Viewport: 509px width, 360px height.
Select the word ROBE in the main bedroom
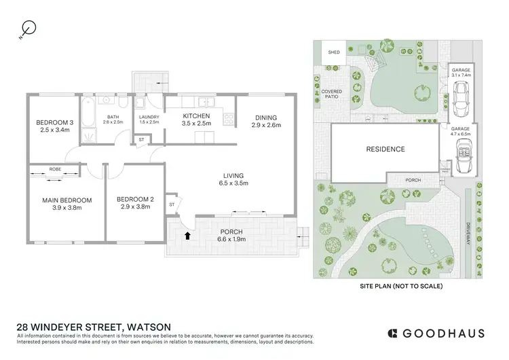coord(56,168)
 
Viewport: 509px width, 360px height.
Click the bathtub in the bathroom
coord(90,121)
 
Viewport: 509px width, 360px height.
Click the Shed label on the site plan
coord(334,52)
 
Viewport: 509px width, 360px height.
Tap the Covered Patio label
coord(331,94)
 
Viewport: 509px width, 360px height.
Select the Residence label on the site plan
coord(385,149)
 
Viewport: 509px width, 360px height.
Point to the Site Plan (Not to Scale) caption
coord(400,287)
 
